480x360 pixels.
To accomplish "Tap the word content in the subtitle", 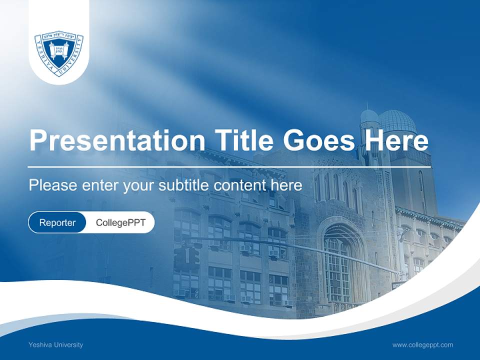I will [x=240, y=185].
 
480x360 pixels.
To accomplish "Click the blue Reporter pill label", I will [x=57, y=222].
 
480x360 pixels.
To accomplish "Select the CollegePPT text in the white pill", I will [x=120, y=222].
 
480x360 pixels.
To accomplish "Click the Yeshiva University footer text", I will [x=56, y=344].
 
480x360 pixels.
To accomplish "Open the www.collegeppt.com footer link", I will [x=422, y=344].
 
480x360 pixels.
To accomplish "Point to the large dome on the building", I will [x=397, y=122].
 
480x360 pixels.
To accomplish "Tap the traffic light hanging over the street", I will [x=186, y=258].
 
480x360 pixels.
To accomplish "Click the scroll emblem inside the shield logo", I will [x=59, y=50].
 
